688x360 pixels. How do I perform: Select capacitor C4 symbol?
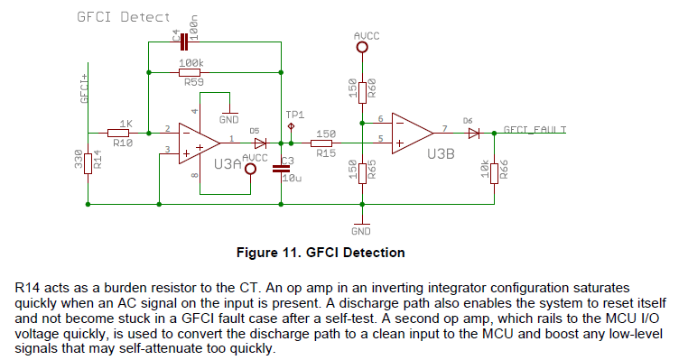185,41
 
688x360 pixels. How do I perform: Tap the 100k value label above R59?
191,61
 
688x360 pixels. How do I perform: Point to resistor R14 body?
88,162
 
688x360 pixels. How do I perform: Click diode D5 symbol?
261,143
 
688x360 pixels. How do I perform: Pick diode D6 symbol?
472,132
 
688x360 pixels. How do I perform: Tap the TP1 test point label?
295,115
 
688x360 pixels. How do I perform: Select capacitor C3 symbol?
281,169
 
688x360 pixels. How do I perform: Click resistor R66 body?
494,170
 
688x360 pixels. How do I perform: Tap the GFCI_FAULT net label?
535,129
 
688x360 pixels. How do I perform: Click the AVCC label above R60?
367,35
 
